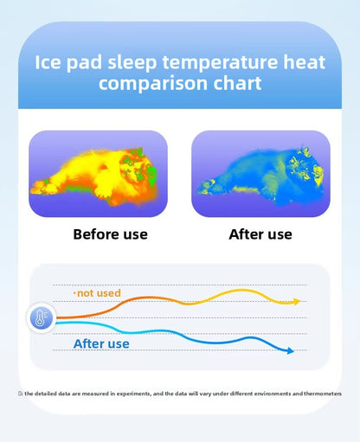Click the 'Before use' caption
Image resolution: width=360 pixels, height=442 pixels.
click(x=110, y=234)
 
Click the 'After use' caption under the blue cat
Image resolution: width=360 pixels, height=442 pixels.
click(x=260, y=234)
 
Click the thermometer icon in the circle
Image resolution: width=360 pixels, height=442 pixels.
click(x=42, y=318)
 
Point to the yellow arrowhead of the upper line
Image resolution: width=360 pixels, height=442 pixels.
click(x=296, y=302)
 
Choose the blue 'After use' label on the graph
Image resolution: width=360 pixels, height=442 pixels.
click(x=101, y=343)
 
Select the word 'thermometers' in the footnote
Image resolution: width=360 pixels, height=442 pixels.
click(x=322, y=394)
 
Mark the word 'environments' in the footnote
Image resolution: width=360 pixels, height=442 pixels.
click(x=263, y=394)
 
